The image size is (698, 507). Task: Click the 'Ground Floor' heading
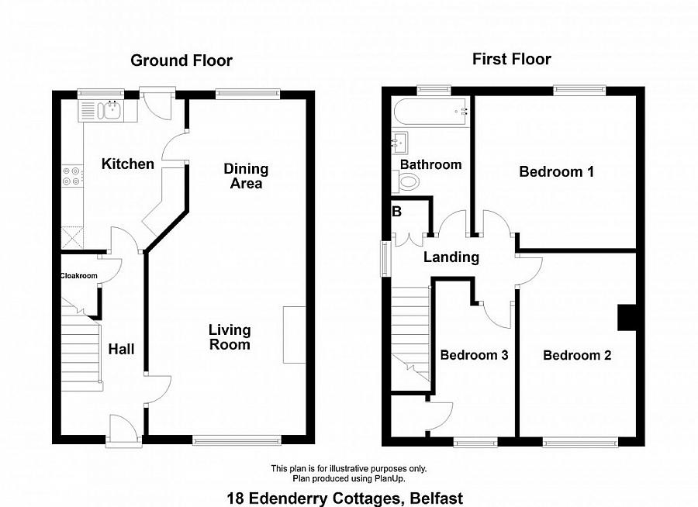(181, 60)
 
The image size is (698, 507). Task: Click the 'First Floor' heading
(511, 59)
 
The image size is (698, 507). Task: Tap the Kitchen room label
(128, 164)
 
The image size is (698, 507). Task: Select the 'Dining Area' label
(246, 176)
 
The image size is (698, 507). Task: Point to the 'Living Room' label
(230, 337)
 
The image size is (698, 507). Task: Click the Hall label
(121, 350)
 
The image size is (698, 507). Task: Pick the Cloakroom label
(78, 275)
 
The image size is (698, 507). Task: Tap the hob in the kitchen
(71, 177)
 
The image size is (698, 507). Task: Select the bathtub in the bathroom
(430, 112)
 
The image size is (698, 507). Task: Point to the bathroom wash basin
(402, 143)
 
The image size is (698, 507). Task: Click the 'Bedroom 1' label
(556, 172)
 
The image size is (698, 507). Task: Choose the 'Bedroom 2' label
(577, 356)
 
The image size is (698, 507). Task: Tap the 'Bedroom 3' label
(474, 355)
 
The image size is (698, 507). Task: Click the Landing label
(451, 257)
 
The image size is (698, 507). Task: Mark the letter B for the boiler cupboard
(396, 212)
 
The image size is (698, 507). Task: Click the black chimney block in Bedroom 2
(627, 318)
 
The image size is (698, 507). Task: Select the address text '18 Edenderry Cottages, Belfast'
(344, 498)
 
